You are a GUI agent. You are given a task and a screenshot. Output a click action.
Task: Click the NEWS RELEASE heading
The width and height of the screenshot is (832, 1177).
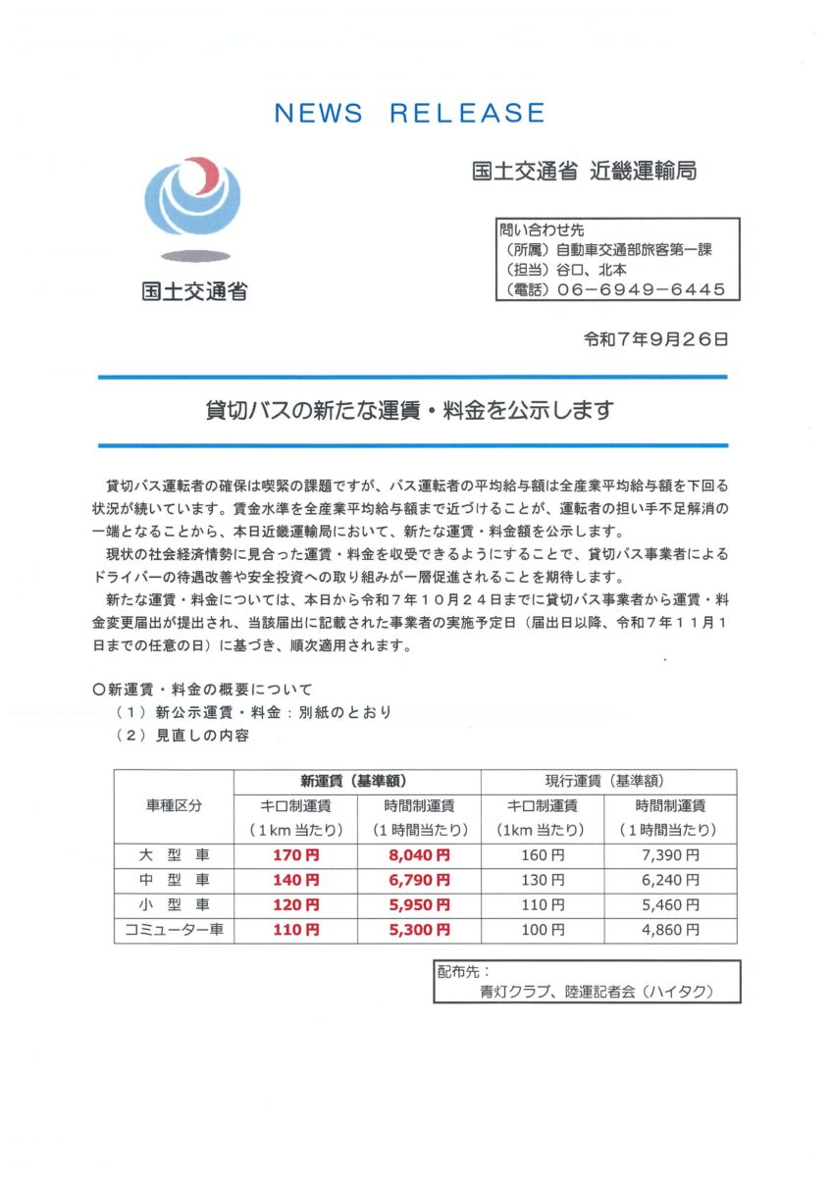point(409,113)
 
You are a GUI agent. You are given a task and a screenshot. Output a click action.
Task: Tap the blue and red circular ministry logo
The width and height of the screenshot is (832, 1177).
point(192,196)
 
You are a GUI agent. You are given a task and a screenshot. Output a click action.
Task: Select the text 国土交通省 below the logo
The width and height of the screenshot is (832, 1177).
point(193,291)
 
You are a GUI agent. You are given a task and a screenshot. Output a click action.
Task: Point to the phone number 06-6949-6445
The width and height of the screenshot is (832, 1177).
point(641,289)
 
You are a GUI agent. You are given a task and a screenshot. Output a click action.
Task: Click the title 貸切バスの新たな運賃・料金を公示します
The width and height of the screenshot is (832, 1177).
point(412,410)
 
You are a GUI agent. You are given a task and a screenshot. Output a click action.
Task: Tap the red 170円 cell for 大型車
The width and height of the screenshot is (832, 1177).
point(295,855)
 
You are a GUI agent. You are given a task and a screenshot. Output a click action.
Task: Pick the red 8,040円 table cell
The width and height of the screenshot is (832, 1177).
point(419,855)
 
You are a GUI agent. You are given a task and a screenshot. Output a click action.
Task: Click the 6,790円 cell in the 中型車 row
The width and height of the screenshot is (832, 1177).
point(419,880)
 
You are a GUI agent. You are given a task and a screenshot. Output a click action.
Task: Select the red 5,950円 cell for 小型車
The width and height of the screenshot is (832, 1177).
point(419,904)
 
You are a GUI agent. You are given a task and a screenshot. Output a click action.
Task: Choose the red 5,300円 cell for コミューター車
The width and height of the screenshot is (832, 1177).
point(419,929)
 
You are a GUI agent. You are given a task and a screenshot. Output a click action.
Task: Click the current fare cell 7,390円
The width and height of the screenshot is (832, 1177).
point(671,855)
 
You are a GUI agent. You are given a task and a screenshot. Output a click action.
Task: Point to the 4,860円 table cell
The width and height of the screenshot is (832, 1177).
point(671,929)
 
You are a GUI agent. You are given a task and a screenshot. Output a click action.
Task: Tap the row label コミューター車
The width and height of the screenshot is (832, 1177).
point(174,929)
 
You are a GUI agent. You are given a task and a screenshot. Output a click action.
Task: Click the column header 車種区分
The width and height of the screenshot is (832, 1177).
point(174,806)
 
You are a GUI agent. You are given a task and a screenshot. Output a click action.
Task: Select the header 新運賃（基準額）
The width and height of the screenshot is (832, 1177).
point(357,782)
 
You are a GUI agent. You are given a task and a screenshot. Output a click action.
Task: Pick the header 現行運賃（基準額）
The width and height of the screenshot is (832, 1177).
point(608,782)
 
